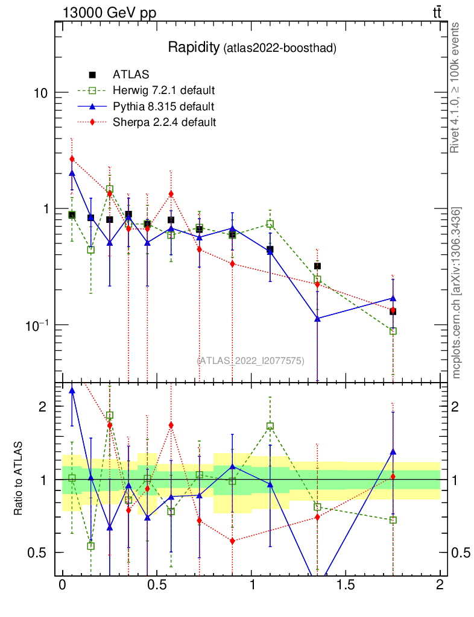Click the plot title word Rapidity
pyautogui.click(x=194, y=48)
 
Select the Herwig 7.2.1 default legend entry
pyautogui.click(x=164, y=91)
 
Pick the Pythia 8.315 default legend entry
pyautogui.click(x=163, y=107)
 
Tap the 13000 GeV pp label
pyautogui.click(x=109, y=13)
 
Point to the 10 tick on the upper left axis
pyautogui.click(x=42, y=93)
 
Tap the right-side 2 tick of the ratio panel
pyautogui.click(x=458, y=407)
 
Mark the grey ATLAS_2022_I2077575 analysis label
pyautogui.click(x=251, y=360)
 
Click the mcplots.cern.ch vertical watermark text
pyautogui.click(x=457, y=293)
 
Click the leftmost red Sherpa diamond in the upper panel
pyautogui.click(x=72, y=159)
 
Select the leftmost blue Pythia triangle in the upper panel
pyautogui.click(x=72, y=173)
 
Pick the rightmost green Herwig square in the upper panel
pyautogui.click(x=393, y=331)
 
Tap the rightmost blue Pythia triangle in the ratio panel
pyautogui.click(x=393, y=451)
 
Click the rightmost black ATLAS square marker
pyautogui.click(x=393, y=312)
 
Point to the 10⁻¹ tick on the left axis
pyautogui.click(x=37, y=325)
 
